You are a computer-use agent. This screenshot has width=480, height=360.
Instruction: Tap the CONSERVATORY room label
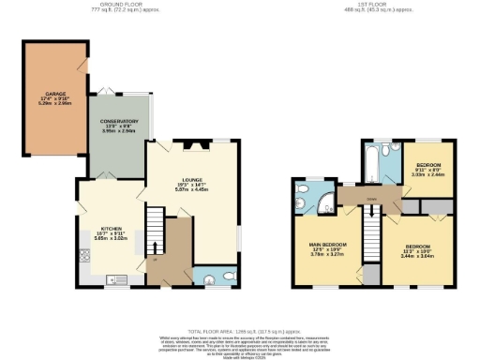point(120,121)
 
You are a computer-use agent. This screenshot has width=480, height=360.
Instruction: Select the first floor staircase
point(372,224)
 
